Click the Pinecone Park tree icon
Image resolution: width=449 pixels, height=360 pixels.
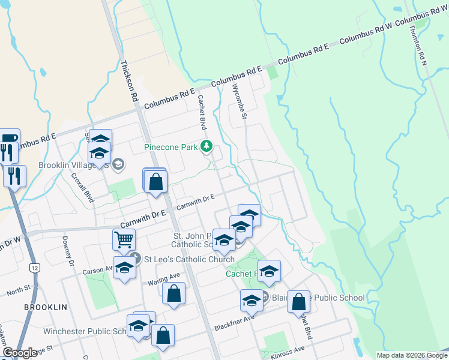(206, 146)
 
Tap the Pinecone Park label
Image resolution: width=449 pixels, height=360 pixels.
(171, 147)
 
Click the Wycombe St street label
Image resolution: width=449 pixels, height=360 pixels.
(240, 101)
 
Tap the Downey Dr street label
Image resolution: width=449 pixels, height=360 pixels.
(67, 251)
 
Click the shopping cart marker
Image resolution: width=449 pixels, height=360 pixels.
(123, 240)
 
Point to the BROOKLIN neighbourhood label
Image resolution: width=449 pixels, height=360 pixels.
(46, 307)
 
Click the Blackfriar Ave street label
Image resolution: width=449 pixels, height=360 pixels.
(234, 322)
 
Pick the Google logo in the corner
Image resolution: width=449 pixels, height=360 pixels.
(20, 353)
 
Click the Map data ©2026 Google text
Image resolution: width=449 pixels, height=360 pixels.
(412, 355)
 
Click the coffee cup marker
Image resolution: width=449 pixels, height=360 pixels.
(9, 139)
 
